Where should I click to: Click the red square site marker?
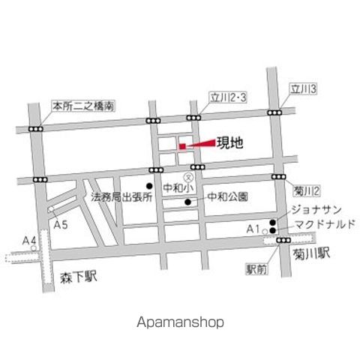(181, 146)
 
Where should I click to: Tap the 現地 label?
(229, 143)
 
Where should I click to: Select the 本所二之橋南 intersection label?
(82, 107)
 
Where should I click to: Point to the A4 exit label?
(29, 241)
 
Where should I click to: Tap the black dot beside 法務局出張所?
(149, 186)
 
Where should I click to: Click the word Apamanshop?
(180, 322)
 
